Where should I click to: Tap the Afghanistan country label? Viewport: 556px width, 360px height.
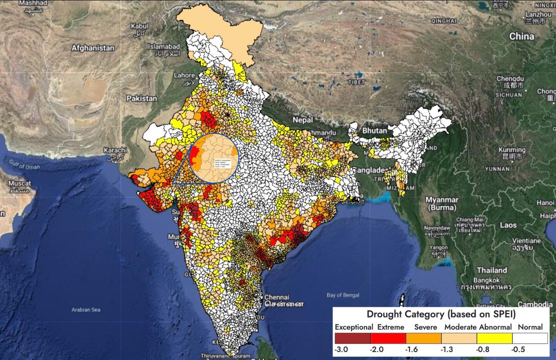pos(93,48)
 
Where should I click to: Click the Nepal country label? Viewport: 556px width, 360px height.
pos(303,120)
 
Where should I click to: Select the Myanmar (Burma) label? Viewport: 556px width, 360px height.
pos(442,203)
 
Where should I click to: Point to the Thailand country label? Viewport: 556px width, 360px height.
pos(492,270)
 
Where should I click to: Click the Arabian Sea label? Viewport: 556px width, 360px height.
pos(86,309)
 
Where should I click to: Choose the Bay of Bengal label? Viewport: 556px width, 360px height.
pos(343,295)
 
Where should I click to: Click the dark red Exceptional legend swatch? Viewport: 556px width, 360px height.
pos(352,338)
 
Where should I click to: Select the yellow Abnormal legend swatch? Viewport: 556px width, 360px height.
pos(495,338)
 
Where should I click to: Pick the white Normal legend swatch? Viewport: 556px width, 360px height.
pos(530,338)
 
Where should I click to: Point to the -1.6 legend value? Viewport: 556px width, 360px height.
pos(411,349)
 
